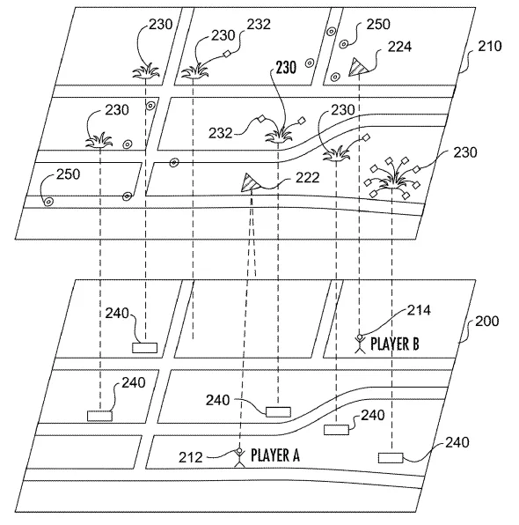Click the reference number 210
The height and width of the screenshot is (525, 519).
(x=490, y=46)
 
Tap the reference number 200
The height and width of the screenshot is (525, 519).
(x=487, y=322)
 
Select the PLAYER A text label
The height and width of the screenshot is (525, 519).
(x=275, y=455)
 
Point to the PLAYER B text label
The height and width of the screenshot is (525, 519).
(x=395, y=344)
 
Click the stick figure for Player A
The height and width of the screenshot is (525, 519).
(x=239, y=457)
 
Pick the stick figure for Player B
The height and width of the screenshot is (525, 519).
(x=360, y=344)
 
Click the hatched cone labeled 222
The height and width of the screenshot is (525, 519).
(x=249, y=182)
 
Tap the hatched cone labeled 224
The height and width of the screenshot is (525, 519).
(x=357, y=67)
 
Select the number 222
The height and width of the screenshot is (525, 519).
(x=307, y=177)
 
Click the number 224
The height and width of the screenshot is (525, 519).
(x=399, y=47)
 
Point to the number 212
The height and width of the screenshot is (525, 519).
(x=191, y=457)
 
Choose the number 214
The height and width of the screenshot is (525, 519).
(x=419, y=310)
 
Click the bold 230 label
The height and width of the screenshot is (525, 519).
(x=286, y=68)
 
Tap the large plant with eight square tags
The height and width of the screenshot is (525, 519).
(x=393, y=178)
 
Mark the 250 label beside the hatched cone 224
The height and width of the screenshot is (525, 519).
(x=378, y=25)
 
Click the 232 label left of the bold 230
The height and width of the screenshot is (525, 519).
(x=221, y=133)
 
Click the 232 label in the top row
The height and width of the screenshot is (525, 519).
(x=259, y=25)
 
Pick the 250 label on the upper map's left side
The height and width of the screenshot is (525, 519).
(x=69, y=174)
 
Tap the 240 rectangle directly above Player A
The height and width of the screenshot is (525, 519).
(x=278, y=412)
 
